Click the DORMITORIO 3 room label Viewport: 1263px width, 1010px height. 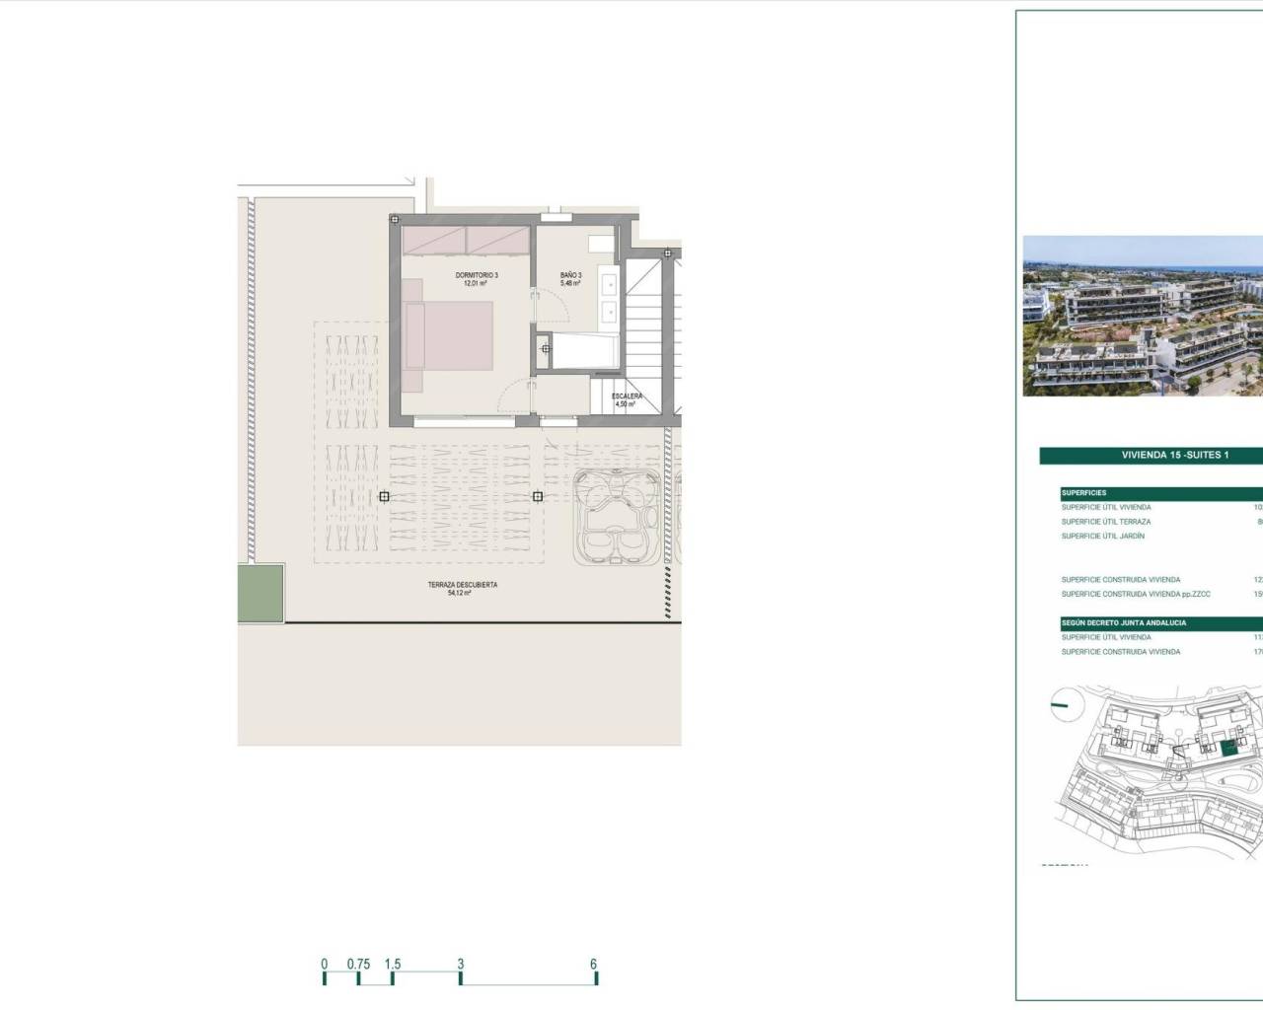point(477,275)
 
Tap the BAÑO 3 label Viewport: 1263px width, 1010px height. point(571,275)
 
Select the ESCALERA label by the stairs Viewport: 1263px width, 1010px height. point(627,397)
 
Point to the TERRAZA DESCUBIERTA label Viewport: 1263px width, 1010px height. point(462,585)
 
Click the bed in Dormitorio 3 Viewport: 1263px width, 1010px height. point(450,334)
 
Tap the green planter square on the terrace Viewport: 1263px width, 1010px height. point(261,593)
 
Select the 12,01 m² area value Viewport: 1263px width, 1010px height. point(477,284)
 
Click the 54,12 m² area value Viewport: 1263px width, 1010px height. point(462,594)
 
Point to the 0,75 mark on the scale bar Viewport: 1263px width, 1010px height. point(358,965)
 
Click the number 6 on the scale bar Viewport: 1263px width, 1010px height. point(594,965)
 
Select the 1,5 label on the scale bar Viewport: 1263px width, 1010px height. point(392,965)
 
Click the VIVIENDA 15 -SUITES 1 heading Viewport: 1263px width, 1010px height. point(1174,456)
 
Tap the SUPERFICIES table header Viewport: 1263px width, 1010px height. point(1083,493)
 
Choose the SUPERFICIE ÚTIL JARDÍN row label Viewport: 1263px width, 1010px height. point(1103,536)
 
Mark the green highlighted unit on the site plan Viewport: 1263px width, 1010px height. point(1228,749)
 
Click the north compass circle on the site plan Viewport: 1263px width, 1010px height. point(1062,704)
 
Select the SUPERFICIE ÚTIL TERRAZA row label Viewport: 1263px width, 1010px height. point(1106,522)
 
